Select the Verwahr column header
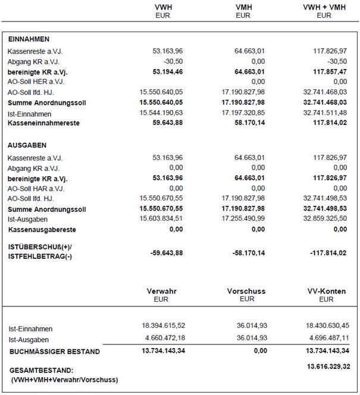point(161,291)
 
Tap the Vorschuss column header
point(246,291)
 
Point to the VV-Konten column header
point(326,291)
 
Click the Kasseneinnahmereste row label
point(43,123)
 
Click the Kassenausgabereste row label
point(42,229)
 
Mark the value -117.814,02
point(328,252)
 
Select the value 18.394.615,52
point(164,326)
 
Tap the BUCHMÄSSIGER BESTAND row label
point(54,352)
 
